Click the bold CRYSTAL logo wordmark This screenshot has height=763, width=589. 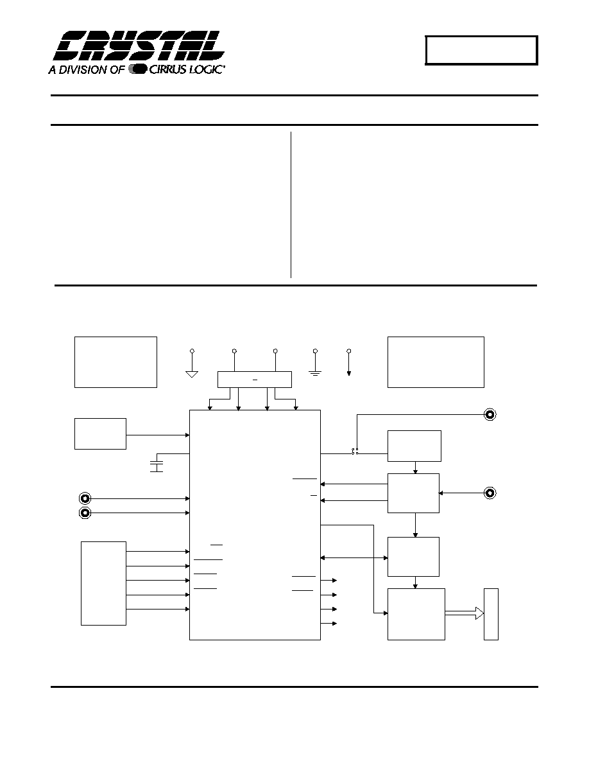(139, 47)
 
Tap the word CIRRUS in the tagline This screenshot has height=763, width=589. (166, 69)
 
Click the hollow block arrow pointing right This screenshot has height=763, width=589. (465, 613)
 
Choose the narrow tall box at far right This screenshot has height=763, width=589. (491, 614)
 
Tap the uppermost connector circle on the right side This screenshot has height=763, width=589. (490, 415)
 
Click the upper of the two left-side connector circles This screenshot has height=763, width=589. (85, 498)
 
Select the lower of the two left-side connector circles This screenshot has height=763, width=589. (85, 513)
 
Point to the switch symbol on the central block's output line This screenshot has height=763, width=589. (355, 453)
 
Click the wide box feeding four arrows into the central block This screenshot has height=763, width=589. (255, 380)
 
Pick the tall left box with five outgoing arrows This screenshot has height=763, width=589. (103, 583)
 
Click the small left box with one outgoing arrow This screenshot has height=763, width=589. (100, 434)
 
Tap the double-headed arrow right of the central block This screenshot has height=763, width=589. (354, 557)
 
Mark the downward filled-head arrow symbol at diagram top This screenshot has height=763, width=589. (349, 362)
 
